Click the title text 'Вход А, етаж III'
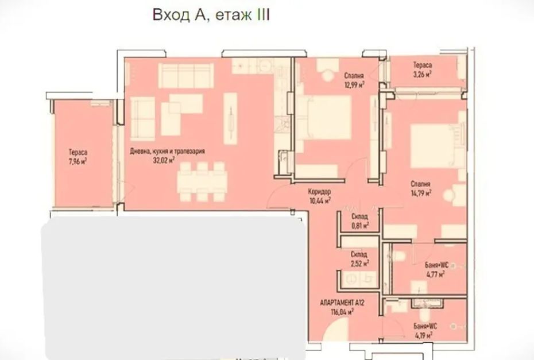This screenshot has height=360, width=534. click(x=211, y=15)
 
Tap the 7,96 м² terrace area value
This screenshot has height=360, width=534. click(x=78, y=161)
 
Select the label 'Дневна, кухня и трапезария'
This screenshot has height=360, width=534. click(x=167, y=151)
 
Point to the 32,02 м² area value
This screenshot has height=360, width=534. click(x=164, y=160)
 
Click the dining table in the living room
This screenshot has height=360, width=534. click(x=202, y=181)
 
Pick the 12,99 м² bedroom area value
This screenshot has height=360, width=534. click(x=354, y=85)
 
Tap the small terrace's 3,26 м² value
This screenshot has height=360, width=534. click(x=422, y=74)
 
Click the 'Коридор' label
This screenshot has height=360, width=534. click(x=319, y=191)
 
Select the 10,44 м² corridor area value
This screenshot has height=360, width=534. click(x=320, y=200)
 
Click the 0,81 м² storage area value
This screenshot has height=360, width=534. click(x=359, y=225)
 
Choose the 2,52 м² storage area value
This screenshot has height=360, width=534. click(x=359, y=263)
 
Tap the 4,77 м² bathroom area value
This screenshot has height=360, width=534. click(x=435, y=274)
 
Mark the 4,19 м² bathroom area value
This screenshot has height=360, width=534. click(x=424, y=335)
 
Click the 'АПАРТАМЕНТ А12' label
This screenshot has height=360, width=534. click(x=342, y=303)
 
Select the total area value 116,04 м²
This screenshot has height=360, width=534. click(x=342, y=311)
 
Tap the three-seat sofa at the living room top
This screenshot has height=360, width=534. click(x=186, y=76)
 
